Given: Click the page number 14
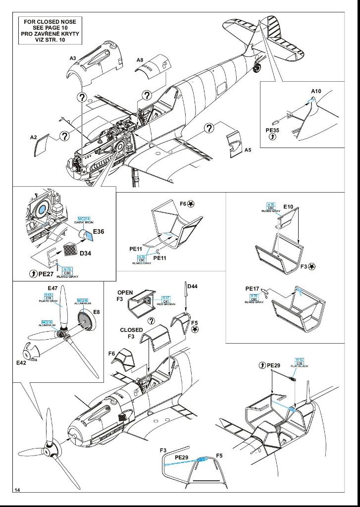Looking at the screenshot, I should coord(17,490).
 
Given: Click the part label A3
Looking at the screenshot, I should coord(73,58).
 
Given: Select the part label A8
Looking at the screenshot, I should coord(140,60).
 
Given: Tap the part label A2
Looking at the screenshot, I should coord(34,137).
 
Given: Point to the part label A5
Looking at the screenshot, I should coord(248,150).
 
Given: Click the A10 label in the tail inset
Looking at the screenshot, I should coord(316,91).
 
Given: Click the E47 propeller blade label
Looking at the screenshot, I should coord(53,288).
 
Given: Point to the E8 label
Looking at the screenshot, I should coord(96,312).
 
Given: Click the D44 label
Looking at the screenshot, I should coord(192,287).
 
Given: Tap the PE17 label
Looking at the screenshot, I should coord(253,289).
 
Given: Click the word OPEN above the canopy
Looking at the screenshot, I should coord(125,293).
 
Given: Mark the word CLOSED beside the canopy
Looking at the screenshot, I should coord(131,330).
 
